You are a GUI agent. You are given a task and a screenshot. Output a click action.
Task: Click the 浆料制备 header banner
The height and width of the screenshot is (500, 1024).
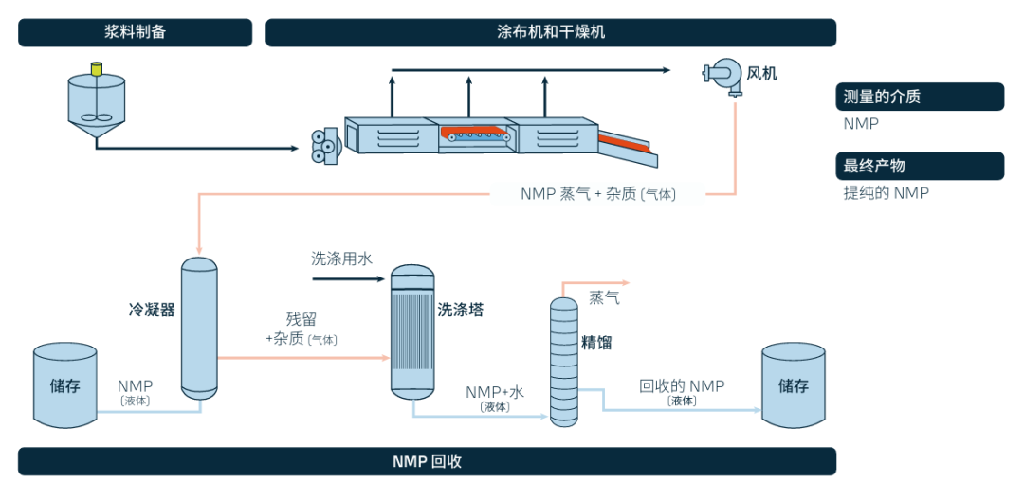coord(135,32)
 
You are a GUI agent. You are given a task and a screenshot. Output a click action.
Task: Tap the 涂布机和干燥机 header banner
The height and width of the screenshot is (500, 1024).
coord(550,32)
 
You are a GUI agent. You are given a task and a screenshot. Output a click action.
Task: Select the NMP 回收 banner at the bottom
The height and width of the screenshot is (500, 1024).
coord(427,461)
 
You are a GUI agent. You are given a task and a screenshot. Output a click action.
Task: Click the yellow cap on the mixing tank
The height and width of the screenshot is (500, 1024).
coord(95,68)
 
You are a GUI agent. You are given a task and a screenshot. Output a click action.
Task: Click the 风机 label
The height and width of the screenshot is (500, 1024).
coord(761,73)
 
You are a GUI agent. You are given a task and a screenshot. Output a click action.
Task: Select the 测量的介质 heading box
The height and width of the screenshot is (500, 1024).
coord(919,97)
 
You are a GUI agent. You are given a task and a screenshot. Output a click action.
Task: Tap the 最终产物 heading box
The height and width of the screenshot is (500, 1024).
coord(919,166)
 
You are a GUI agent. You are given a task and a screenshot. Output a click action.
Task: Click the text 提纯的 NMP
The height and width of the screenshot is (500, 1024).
coord(886,193)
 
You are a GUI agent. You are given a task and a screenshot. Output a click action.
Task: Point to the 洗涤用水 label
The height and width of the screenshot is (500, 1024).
coord(342,258)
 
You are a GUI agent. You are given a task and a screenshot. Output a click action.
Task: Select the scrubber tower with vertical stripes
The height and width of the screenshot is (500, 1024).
coord(412,331)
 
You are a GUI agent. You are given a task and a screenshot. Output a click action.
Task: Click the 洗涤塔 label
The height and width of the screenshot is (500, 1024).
coord(460,310)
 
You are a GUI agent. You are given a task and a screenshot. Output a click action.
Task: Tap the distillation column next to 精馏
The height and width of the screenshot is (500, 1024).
coord(564,360)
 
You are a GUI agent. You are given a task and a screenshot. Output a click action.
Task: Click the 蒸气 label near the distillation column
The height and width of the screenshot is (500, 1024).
coord(605,297)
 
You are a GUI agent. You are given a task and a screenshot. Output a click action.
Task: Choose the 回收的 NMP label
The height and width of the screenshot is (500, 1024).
coord(682,386)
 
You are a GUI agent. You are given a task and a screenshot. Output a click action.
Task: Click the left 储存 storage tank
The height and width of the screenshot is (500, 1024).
coord(64,385)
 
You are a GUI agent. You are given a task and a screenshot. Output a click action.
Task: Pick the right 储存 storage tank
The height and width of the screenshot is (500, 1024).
coord(794,385)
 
